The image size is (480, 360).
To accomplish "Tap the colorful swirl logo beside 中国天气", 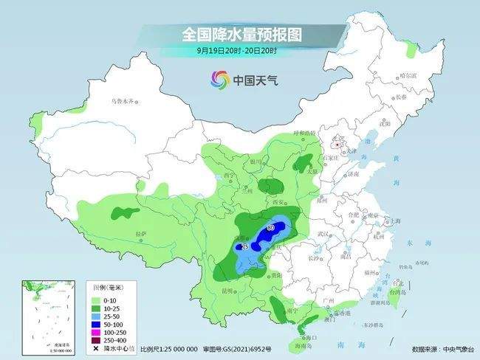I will (219, 79).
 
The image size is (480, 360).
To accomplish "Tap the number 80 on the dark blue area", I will (270, 227).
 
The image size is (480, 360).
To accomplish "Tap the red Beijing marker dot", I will (337, 145).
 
